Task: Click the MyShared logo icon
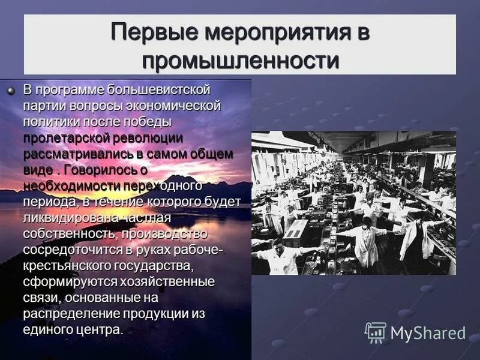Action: pos(375,332)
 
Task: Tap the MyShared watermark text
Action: pos(428,333)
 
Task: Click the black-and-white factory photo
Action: pos(353,203)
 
